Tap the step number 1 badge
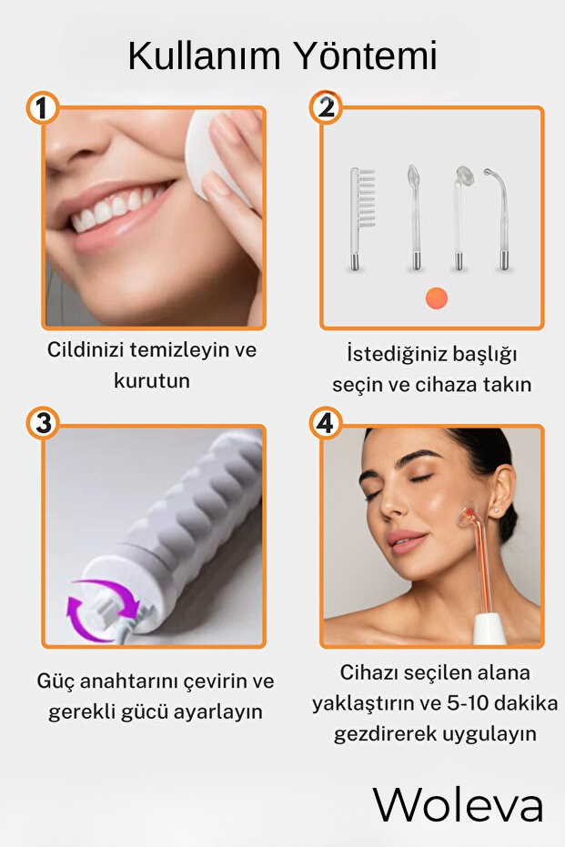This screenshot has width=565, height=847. [x=43, y=108]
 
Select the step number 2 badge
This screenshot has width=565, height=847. [x=326, y=107]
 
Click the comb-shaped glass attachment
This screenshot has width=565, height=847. [x=361, y=218]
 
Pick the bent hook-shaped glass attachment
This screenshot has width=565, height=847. [x=499, y=218]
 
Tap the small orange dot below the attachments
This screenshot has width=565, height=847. [x=437, y=297]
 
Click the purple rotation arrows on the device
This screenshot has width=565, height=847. [x=103, y=610]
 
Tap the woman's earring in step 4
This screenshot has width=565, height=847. [x=496, y=509]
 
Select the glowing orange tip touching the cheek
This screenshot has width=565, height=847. [x=468, y=515]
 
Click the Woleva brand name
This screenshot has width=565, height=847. [x=458, y=805]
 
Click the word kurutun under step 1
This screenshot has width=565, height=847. [x=152, y=380]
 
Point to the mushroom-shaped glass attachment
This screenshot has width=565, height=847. [x=460, y=218]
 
